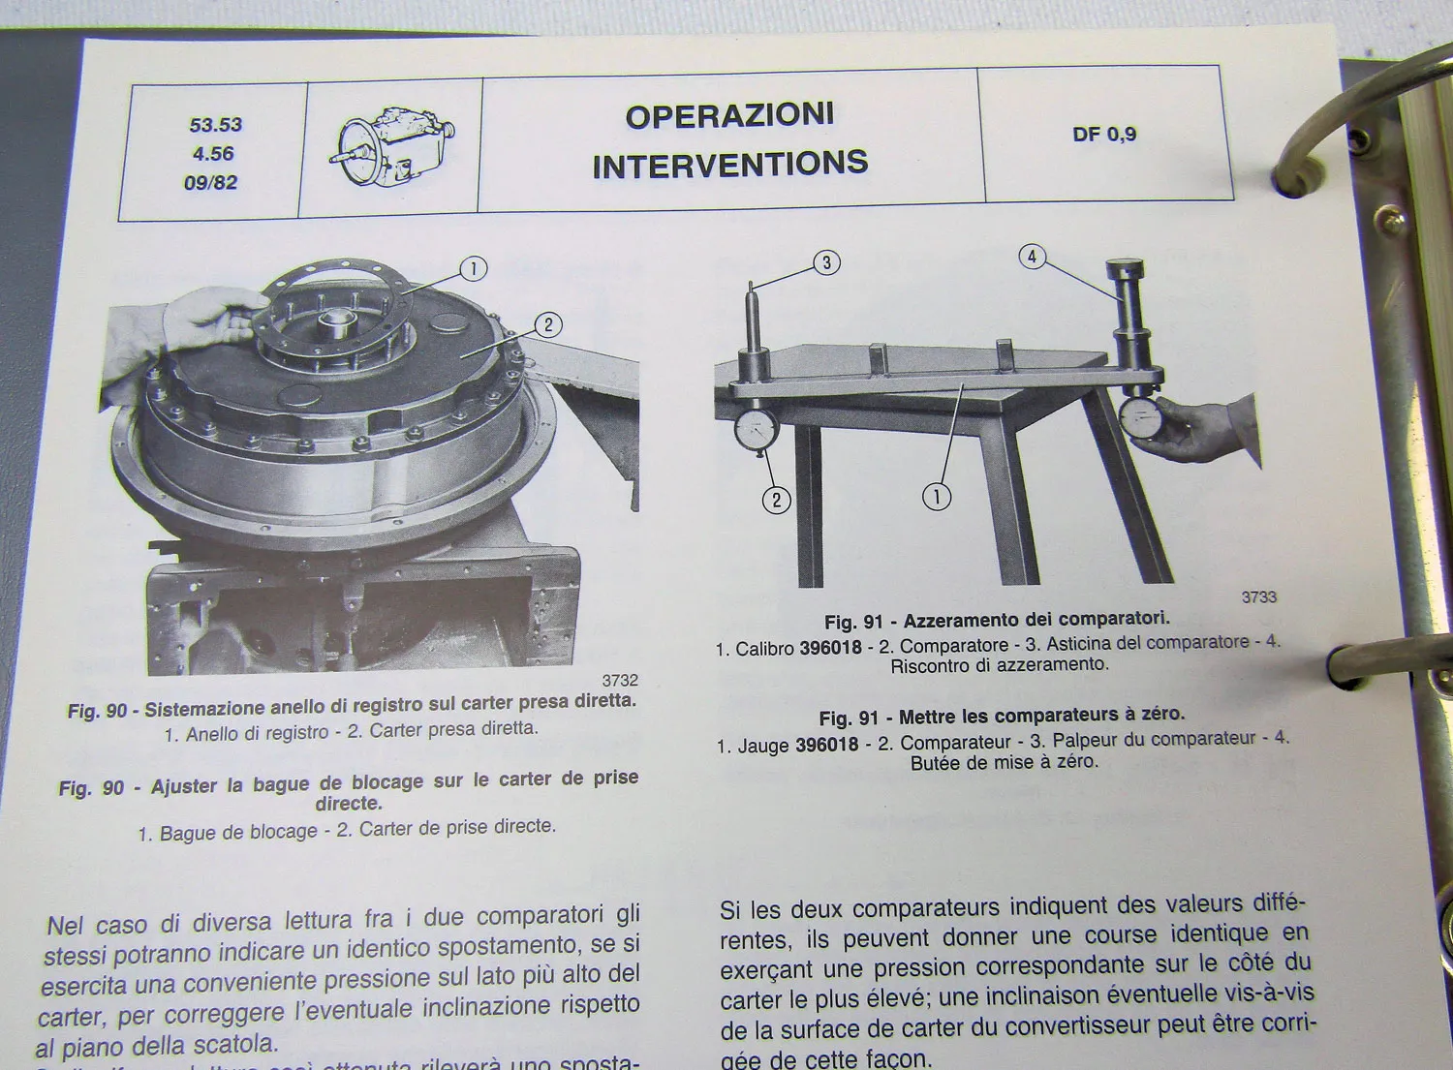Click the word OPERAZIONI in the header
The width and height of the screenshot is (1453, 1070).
tap(729, 115)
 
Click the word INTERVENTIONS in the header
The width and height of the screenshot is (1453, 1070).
tap(729, 165)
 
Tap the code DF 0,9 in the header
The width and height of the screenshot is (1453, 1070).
tap(1103, 135)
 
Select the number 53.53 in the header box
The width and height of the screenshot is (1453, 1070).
tap(215, 125)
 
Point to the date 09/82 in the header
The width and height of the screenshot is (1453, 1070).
tap(210, 182)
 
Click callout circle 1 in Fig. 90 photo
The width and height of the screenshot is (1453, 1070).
tap(473, 268)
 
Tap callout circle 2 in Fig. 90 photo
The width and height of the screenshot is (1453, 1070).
tap(548, 324)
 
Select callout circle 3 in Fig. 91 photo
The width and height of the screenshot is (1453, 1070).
tap(826, 262)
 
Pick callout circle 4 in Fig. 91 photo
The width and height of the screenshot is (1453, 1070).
tap(1032, 257)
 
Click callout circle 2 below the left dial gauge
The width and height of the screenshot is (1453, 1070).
tap(776, 500)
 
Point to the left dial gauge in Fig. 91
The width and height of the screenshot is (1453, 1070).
tap(756, 430)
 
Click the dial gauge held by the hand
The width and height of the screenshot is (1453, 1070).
tap(1140, 418)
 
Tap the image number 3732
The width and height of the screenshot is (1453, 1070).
tap(620, 681)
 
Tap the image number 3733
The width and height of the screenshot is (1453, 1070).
tap(1258, 597)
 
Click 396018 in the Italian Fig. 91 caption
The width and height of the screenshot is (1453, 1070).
tap(830, 648)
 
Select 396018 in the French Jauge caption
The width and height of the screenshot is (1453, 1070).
tap(826, 745)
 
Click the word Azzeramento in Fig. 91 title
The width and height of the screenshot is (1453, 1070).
tap(959, 620)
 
